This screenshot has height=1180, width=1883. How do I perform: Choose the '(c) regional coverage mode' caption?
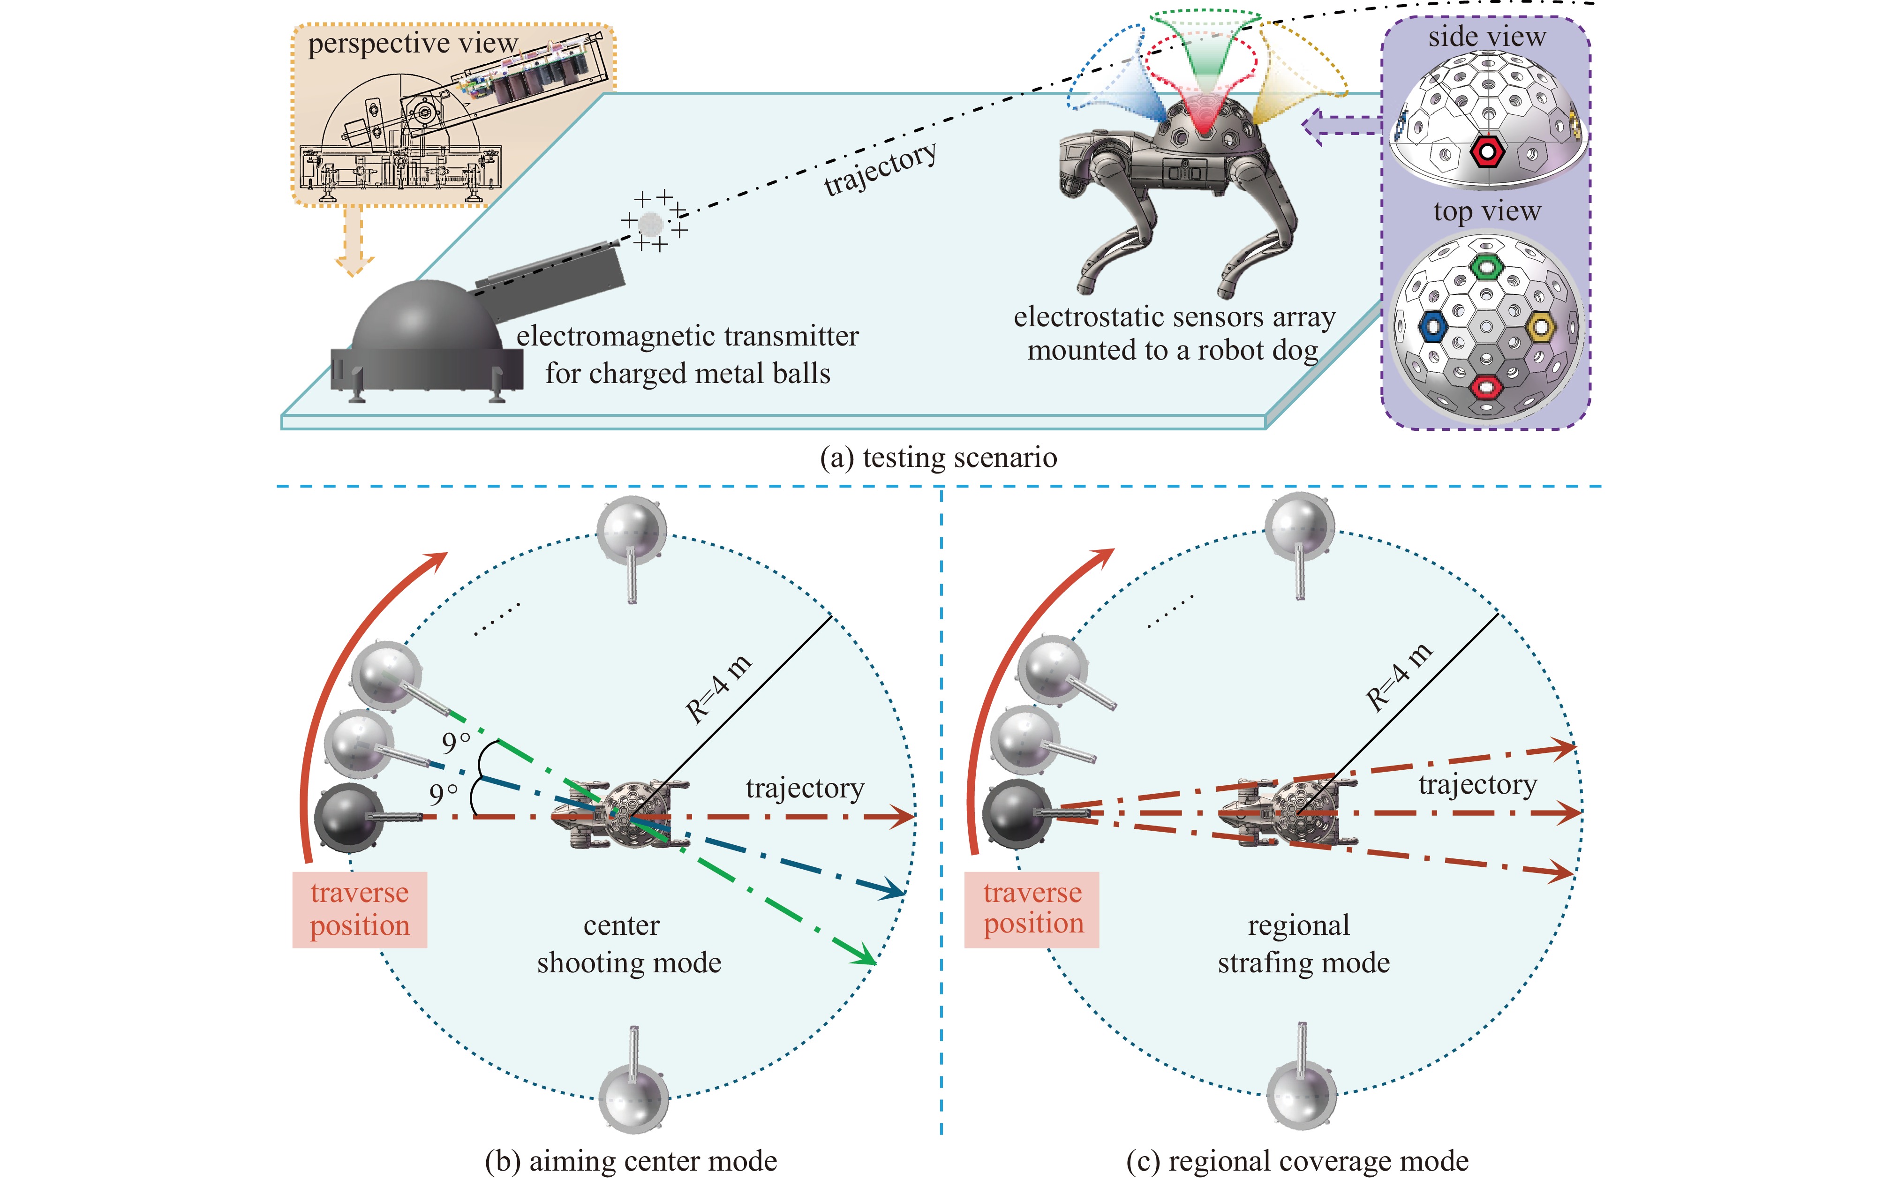pos(1297,1160)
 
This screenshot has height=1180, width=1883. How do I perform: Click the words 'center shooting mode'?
pos(628,944)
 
